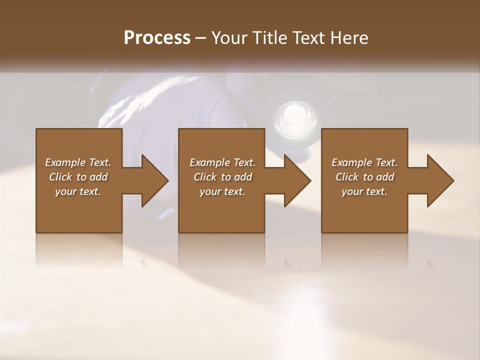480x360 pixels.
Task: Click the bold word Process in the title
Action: [x=157, y=38]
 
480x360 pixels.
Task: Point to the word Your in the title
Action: [x=230, y=38]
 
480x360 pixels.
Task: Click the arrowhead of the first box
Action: [x=153, y=180]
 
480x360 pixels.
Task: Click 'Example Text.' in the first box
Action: [x=78, y=162]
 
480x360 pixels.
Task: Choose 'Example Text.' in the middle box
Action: [x=222, y=162]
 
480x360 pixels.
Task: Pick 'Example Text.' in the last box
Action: [x=364, y=162]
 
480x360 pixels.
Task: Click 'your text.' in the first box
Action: [x=78, y=191]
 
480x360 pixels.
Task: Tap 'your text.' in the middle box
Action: [x=222, y=191]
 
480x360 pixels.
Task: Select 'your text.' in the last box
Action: [x=364, y=191]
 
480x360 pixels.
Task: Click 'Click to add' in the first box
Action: [x=78, y=177]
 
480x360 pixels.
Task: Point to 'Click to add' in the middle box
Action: [x=222, y=177]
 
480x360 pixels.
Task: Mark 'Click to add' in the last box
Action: [x=364, y=177]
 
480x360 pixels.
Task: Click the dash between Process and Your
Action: [x=200, y=38]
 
